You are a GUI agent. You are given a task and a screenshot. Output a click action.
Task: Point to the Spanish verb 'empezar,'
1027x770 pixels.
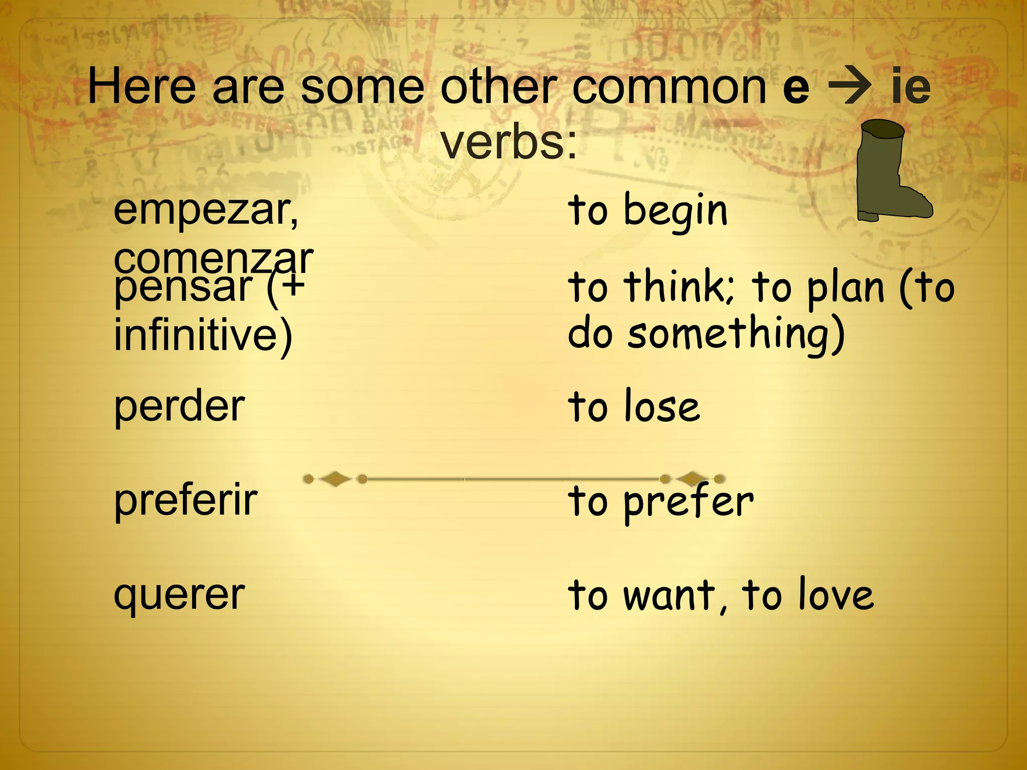206,211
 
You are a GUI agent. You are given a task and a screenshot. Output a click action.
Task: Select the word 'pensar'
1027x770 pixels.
183,287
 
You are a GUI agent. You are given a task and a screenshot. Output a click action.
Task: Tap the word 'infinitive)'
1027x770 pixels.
203,335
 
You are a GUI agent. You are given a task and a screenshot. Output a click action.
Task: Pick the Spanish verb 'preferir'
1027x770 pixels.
186,500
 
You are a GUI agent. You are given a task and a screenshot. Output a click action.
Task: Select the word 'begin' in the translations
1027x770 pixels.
675,211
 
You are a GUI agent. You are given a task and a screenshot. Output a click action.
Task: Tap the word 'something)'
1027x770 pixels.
736,333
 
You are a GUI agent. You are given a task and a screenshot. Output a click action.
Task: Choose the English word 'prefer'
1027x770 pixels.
688,501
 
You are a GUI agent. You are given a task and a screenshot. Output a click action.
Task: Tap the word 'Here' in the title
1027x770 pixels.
142,87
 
